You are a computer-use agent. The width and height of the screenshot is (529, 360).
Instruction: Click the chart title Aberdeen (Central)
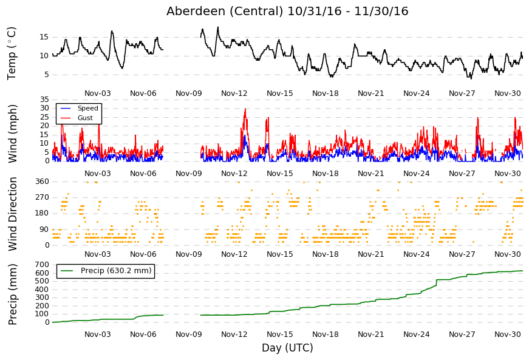pos(225,11)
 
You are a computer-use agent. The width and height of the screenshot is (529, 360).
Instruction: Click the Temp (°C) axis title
pos(12,53)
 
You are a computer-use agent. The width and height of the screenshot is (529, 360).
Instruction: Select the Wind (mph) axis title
pos(12,134)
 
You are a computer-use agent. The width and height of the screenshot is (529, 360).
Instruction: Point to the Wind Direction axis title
pos(12,214)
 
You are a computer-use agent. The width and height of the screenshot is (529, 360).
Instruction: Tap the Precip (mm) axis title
pos(12,294)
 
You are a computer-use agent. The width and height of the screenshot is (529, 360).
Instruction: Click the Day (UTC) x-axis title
pos(287,347)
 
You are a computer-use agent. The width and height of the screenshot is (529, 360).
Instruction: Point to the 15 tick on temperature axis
pos(44,37)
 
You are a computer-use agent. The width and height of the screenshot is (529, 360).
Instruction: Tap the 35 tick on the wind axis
pos(44,100)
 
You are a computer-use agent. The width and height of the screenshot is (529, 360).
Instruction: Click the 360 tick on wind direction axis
pos(42,182)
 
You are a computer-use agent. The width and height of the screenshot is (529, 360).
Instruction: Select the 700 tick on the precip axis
pos(42,265)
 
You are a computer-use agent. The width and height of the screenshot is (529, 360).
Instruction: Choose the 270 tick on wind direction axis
pos(42,197)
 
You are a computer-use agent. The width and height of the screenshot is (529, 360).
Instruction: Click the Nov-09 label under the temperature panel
pos(189,93)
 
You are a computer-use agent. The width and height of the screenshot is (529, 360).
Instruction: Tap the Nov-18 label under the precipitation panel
pos(325,335)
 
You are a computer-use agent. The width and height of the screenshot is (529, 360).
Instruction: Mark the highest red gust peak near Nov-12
pos(245,109)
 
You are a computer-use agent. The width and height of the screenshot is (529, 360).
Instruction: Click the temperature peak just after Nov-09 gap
pos(218,27)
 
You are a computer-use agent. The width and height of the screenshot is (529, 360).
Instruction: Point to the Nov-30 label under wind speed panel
pos(507,174)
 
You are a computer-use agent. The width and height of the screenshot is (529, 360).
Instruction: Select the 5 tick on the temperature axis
pos(47,75)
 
